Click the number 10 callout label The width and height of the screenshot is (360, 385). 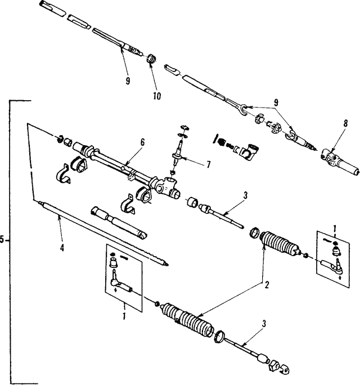[x=156, y=96]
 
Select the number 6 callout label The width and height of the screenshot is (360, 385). [x=142, y=143]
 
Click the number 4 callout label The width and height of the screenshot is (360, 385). [x=62, y=248]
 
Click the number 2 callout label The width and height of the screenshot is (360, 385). [x=267, y=285]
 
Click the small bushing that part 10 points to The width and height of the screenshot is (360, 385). [x=150, y=59]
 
